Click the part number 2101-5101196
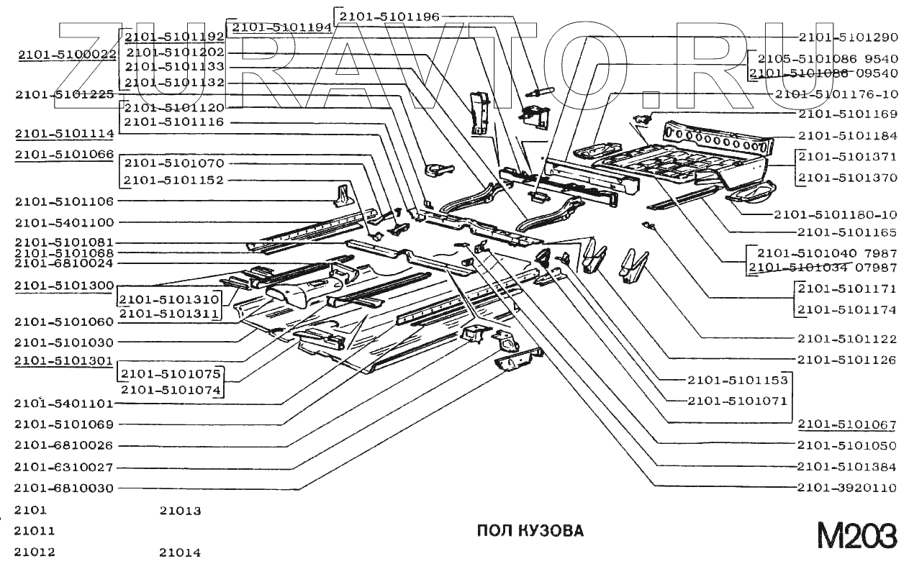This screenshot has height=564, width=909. pos(389,15)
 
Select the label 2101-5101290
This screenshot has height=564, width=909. pos(848,37)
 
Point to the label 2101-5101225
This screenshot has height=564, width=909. pos(64,94)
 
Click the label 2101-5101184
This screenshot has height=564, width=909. pos(848,135)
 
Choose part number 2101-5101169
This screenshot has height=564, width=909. pos(848,114)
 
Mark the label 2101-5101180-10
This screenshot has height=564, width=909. pos(836,214)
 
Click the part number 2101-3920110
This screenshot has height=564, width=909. pos(847,488)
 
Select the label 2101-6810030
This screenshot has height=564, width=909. pos(64,488)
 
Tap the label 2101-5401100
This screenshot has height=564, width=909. pos(64,222)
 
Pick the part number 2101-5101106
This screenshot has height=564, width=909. pos(64,201)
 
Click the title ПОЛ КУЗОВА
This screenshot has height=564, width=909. pos(530,531)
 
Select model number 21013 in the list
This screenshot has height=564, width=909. pos(180,511)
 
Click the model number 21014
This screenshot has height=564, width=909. pos(180,552)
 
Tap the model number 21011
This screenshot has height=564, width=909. pos(34,531)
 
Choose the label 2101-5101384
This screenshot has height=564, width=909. pos(847,466)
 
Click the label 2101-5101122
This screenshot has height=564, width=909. pos(847,338)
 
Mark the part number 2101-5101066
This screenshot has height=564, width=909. pos(64,154)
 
